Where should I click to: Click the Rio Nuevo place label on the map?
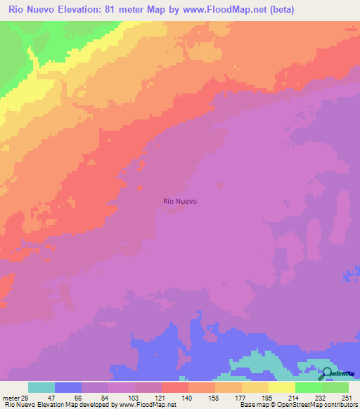click(x=180, y=201)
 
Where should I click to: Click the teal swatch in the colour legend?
click(x=41, y=387)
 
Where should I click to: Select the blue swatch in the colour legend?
click(x=68, y=387)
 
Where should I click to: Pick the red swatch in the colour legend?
click(x=175, y=387)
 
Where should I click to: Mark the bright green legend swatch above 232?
click(x=309, y=387)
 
